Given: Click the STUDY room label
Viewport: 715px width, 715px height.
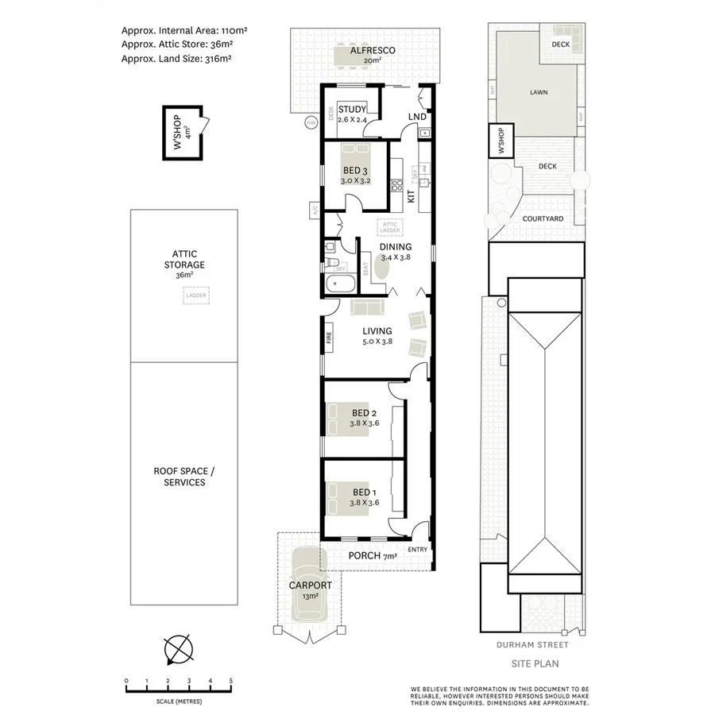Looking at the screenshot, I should pos(351,110).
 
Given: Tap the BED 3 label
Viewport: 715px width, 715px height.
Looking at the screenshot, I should pos(355,170).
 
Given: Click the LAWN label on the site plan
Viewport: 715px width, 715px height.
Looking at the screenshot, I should pos(539,92).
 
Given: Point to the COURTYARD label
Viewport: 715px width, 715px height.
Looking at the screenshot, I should pos(543,218).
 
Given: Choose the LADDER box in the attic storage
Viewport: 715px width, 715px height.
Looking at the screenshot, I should pos(195,296).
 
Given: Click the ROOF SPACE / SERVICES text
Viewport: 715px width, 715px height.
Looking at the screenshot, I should pos(184,477).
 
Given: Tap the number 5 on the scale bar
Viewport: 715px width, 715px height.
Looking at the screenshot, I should pos(230,681).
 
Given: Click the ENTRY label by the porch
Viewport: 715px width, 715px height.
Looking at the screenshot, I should pos(417,550).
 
